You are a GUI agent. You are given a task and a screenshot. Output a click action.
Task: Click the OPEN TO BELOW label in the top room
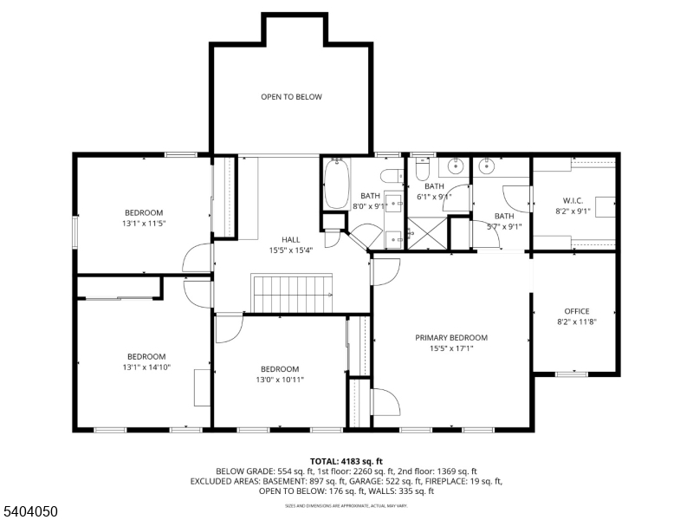point(291,97)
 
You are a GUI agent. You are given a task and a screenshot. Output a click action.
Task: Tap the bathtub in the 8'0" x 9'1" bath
point(336,183)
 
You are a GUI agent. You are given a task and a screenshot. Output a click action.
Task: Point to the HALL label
point(290,239)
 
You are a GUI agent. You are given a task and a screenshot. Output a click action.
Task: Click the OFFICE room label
point(576,311)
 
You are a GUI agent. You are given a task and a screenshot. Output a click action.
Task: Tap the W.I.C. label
point(573,200)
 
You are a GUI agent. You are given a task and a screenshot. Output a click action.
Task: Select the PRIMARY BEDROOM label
point(450,338)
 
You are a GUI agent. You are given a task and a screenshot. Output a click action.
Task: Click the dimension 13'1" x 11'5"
point(143,224)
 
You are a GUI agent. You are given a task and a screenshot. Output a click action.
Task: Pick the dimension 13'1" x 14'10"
point(146,367)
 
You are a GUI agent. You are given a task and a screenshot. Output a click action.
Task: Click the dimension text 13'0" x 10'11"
point(279,379)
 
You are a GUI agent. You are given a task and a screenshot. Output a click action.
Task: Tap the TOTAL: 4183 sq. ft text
point(346,461)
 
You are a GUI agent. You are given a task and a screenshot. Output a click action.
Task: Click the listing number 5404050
point(30,512)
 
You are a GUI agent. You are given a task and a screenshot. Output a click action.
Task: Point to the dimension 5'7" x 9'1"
point(504,227)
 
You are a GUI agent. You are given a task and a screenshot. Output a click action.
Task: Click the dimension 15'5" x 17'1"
point(450,348)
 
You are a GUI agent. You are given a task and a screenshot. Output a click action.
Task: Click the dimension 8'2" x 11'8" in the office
point(576,322)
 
